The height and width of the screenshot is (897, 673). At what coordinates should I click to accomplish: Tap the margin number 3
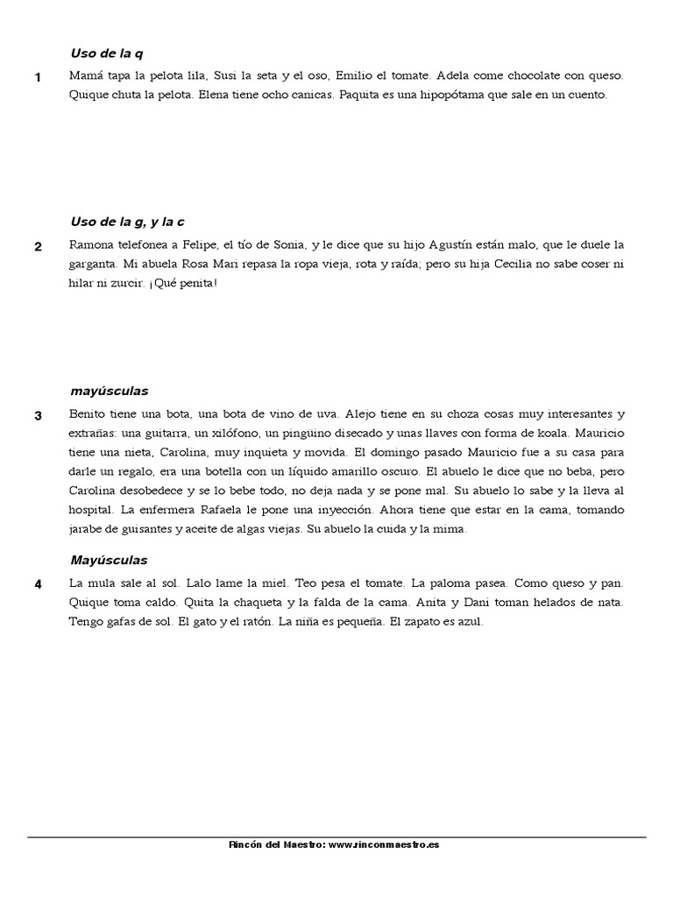point(38,415)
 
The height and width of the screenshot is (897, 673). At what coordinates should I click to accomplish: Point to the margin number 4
point(38,584)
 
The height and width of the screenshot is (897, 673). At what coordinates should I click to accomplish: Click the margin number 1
point(38,78)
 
